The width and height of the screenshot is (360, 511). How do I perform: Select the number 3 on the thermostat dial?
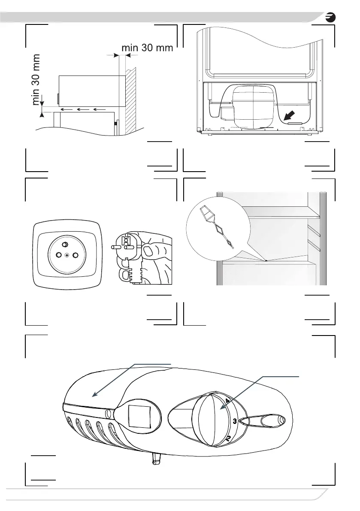235,421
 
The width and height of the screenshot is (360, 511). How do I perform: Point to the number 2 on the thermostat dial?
228,439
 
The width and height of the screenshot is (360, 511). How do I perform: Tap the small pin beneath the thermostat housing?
155,460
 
